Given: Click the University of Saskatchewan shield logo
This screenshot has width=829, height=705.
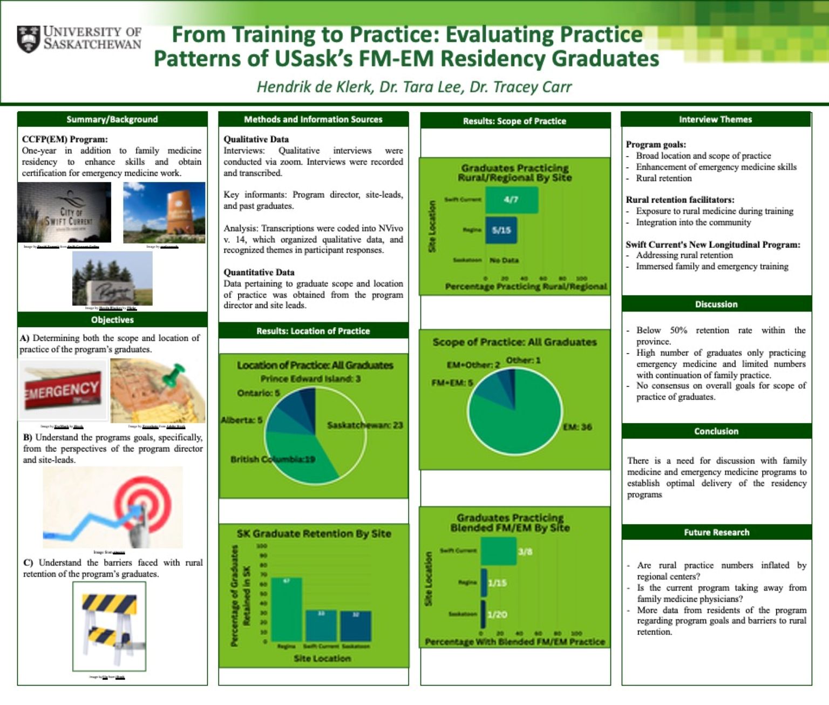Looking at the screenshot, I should pyautogui.click(x=28, y=39).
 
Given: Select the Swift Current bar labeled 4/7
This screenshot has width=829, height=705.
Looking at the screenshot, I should pyautogui.click(x=511, y=200).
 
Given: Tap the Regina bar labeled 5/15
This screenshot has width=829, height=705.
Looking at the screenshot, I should pyautogui.click(x=501, y=230).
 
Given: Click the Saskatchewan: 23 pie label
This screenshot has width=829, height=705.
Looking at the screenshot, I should pyautogui.click(x=365, y=425).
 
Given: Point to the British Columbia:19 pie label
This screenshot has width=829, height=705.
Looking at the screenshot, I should pyautogui.click(x=273, y=459).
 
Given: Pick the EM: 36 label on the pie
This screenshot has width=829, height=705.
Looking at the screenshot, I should pyautogui.click(x=577, y=427).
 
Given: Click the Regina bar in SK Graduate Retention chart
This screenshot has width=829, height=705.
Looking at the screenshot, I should pyautogui.click(x=286, y=609).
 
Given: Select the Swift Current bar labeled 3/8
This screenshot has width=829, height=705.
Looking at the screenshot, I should pyautogui.click(x=499, y=552).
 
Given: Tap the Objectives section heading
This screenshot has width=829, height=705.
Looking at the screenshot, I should pyautogui.click(x=112, y=320).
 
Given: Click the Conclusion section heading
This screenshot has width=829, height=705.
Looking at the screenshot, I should pyautogui.click(x=716, y=431).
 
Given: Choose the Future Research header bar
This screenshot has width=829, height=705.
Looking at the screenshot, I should pyautogui.click(x=716, y=532).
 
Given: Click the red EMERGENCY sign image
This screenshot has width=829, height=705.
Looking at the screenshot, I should pyautogui.click(x=63, y=390).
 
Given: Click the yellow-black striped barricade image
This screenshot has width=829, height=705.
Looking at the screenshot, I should pyautogui.click(x=110, y=626).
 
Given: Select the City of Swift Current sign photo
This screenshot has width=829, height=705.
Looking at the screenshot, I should pyautogui.click(x=64, y=213).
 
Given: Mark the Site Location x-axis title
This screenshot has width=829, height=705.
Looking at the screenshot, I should pyautogui.click(x=322, y=659).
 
